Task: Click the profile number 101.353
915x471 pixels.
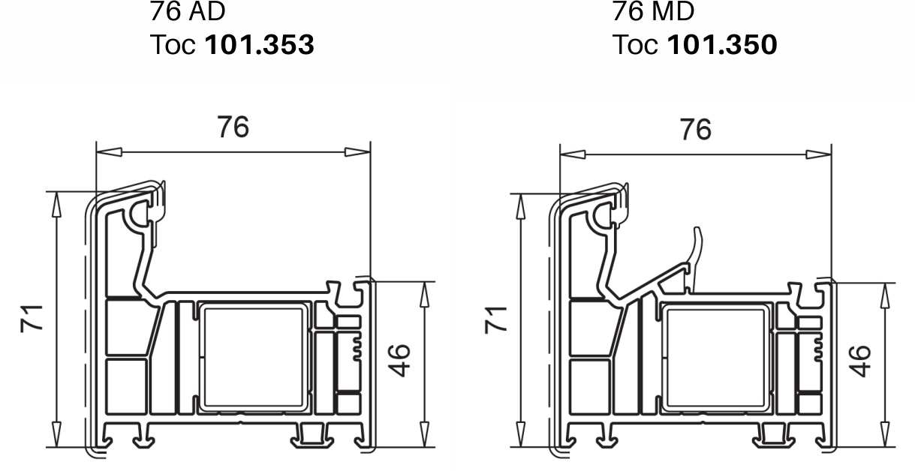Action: (x=260, y=44)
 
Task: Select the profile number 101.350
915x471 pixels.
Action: (x=722, y=44)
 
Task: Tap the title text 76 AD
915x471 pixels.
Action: (x=188, y=11)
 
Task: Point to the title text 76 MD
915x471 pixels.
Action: (x=653, y=11)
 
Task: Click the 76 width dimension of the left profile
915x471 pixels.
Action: (x=233, y=127)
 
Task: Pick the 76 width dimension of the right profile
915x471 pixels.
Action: (x=696, y=130)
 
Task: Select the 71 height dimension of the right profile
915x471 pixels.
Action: (x=495, y=320)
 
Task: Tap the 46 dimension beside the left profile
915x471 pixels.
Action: (x=399, y=361)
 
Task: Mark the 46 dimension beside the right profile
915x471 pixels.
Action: (x=859, y=361)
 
